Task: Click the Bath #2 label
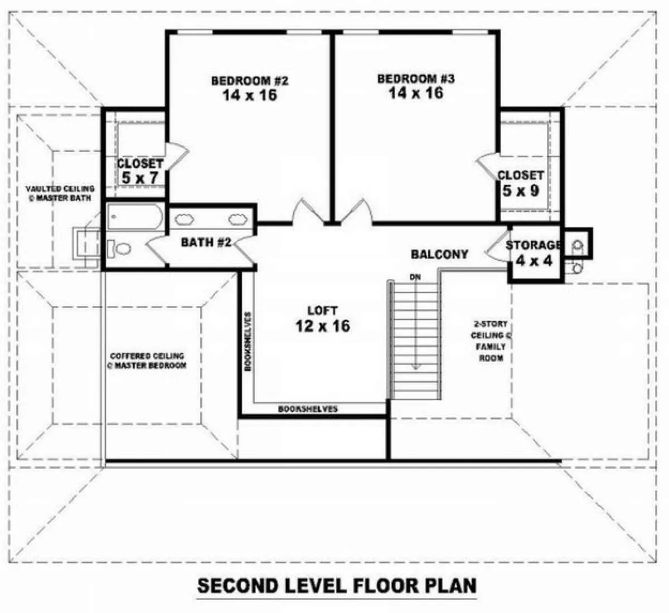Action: (206, 242)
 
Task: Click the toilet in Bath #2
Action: (119, 249)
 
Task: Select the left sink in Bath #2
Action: (185, 219)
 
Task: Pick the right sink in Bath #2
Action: (238, 219)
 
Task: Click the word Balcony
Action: (439, 255)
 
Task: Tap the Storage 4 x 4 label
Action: (534, 253)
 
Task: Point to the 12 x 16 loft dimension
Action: (322, 325)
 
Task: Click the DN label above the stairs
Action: (415, 277)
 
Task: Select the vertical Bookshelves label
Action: (248, 342)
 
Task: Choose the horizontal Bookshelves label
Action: (308, 408)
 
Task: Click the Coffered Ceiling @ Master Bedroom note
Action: (147, 361)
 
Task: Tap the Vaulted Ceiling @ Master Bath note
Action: (60, 193)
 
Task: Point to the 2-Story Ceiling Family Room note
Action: (491, 341)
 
